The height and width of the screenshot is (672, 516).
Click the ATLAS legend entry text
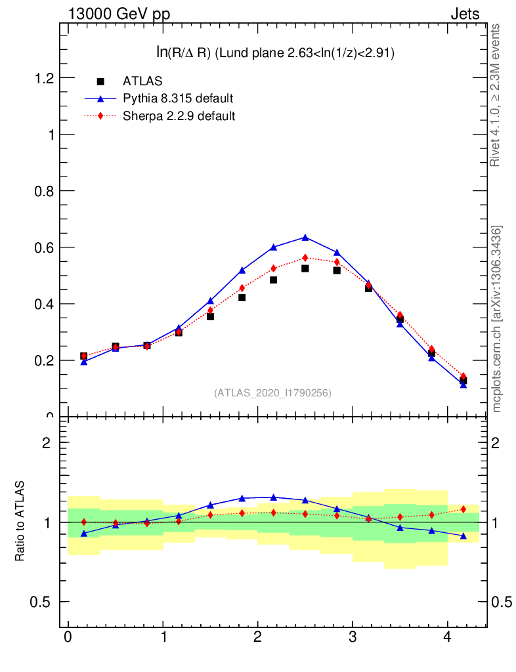pos(142,81)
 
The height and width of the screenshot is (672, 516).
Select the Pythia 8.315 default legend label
pos(178,99)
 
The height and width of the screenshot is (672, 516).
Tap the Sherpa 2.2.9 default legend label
pos(179,116)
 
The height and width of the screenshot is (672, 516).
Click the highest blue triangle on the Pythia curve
pos(305,237)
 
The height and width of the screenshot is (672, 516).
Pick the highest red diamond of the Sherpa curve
pos(305,258)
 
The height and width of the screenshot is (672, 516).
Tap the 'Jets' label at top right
pos(465,14)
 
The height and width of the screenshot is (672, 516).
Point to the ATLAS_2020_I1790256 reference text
pos(272,393)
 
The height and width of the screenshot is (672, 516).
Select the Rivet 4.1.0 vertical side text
pos(496,95)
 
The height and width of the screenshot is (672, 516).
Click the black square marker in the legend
pos(100,81)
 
